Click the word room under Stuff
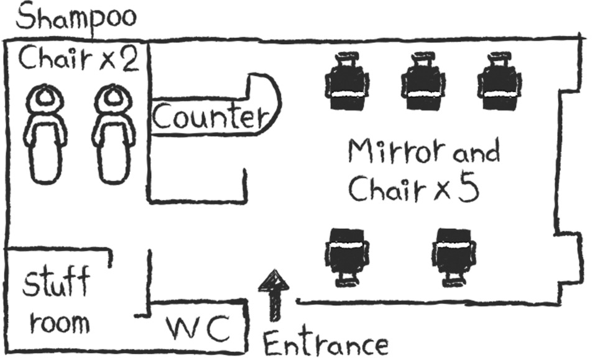click(x=60, y=323)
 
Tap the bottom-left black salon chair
click(x=346, y=255)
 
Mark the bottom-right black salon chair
click(x=455, y=255)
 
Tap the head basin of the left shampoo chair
click(x=45, y=98)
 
